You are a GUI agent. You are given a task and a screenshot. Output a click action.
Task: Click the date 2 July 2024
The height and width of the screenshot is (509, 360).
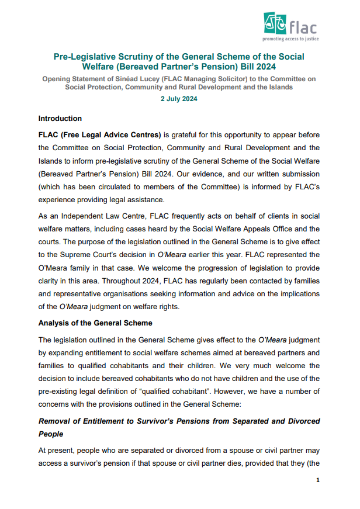(x=179, y=99)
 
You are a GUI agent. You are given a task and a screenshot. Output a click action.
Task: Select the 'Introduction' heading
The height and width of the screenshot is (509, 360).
(x=60, y=119)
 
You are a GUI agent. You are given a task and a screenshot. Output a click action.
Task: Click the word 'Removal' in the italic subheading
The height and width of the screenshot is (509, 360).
(x=57, y=421)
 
